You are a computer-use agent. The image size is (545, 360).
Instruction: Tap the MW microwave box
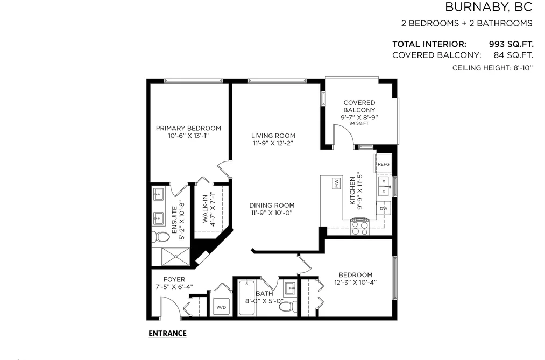[x=336, y=183]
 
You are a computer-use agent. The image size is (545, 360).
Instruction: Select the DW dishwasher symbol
[x=384, y=208]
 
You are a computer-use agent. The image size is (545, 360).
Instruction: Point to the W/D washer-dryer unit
[x=221, y=307]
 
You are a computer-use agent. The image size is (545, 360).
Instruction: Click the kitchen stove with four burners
[x=359, y=227]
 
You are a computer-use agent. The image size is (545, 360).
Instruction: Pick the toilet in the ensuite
[x=160, y=237]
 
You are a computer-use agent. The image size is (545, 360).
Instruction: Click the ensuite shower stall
[x=175, y=257]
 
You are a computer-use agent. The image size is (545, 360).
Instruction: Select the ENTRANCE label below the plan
[x=167, y=333]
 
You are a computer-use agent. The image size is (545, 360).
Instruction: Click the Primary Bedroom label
[x=188, y=128]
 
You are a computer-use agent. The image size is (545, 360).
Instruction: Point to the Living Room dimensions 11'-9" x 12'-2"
[x=273, y=143]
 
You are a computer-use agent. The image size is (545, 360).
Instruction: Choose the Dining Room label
[x=272, y=206]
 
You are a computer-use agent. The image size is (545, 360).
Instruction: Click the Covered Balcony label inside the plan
[x=359, y=107]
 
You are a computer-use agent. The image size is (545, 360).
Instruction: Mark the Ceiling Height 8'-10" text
[x=492, y=68]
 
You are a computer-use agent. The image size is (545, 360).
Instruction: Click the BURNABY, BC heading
[x=489, y=7]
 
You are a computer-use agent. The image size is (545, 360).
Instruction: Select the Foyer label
[x=174, y=279]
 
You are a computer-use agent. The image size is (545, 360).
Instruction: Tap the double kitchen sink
[x=384, y=186]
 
